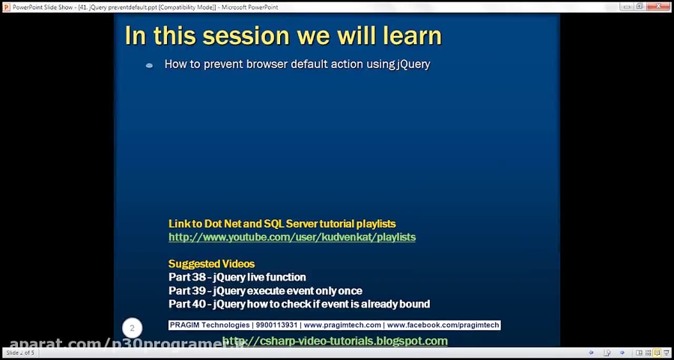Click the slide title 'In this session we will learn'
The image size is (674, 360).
click(282, 35)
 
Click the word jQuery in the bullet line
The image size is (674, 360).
click(413, 64)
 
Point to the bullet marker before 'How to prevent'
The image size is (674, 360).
click(149, 65)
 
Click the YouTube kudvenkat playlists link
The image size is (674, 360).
click(291, 237)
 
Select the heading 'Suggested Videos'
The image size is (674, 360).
click(211, 264)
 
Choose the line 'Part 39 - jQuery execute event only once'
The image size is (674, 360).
click(265, 290)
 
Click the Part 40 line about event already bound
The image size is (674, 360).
click(299, 304)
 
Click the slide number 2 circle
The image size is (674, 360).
click(132, 328)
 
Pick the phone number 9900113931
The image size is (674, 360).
click(276, 326)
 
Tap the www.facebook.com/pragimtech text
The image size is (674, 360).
click(443, 326)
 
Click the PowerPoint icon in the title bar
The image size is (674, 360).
click(6, 6)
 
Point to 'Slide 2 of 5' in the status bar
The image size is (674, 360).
click(20, 353)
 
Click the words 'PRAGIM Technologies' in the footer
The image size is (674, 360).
click(210, 326)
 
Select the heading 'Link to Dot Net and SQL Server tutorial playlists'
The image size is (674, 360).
click(282, 224)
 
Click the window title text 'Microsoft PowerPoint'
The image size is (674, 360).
click(252, 6)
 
